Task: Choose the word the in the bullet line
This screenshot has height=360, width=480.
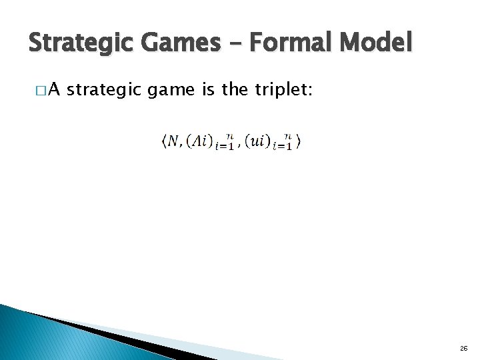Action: (235, 90)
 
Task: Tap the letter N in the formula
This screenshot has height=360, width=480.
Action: (173, 141)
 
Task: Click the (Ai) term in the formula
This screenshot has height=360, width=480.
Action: (199, 141)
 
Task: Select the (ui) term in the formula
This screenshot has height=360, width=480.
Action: (257, 141)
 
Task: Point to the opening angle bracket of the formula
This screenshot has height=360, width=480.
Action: (163, 141)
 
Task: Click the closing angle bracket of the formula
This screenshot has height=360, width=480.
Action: (299, 141)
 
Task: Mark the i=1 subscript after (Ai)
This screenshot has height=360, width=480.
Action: (224, 146)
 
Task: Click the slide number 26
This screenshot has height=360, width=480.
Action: (463, 348)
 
